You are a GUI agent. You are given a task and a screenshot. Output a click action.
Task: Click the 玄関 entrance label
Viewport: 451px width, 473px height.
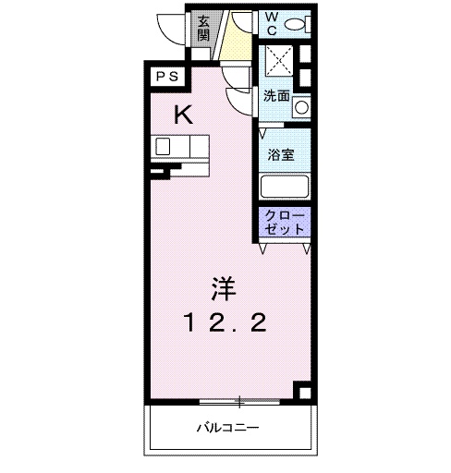click(203, 28)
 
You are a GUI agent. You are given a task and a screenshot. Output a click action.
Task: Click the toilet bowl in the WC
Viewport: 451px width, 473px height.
click(296, 25)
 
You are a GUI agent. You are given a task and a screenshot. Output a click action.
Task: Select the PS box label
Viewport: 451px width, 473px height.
click(166, 77)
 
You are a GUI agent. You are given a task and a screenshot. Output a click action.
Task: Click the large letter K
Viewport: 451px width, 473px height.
click(184, 115)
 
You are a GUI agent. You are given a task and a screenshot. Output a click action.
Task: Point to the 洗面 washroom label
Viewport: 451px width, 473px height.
click(275, 95)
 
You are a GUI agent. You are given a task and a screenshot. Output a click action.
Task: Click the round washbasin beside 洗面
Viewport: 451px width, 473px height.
click(300, 108)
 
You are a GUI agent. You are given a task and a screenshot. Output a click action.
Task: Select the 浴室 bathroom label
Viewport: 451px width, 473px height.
click(281, 154)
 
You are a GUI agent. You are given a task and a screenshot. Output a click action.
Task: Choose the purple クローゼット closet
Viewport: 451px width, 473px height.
click(284, 222)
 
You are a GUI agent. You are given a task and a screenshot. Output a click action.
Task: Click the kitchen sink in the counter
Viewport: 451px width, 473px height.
click(165, 146)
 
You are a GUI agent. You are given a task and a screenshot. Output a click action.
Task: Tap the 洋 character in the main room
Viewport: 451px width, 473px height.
click(223, 289)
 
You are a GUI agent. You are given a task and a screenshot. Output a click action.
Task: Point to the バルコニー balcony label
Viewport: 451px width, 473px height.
click(226, 428)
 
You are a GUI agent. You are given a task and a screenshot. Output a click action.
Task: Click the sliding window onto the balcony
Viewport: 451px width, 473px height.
click(238, 401)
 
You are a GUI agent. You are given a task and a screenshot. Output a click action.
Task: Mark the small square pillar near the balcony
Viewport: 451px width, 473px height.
click(301, 390)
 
